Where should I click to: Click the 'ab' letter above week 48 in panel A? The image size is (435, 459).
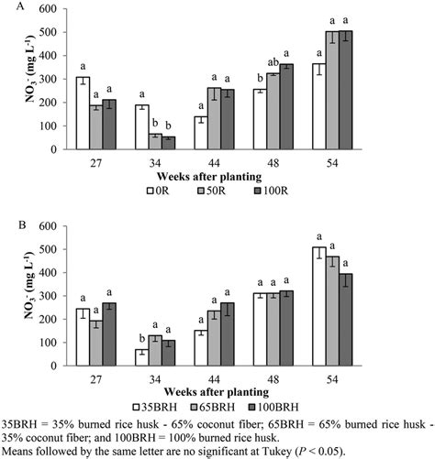(299, 62)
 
